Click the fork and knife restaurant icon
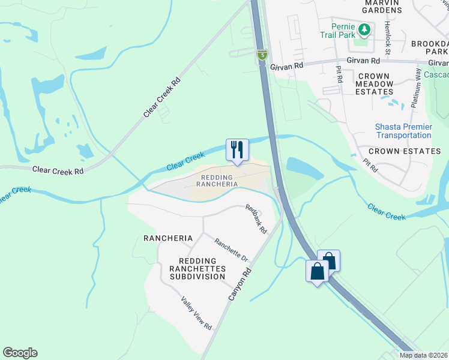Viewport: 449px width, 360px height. point(237,149)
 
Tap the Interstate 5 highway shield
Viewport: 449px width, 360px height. point(262,55)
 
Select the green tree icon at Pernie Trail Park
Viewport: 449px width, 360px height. point(364,28)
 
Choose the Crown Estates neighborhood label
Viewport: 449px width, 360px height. point(404,151)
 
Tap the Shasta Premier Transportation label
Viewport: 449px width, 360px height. point(403,131)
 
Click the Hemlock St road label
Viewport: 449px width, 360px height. point(388,37)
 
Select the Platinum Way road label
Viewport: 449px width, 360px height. point(417,88)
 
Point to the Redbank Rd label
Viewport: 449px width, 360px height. point(255,220)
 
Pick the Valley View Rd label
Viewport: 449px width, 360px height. point(196,313)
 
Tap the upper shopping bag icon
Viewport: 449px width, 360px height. point(328,261)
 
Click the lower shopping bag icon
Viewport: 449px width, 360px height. point(317,271)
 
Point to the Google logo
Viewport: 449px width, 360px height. point(20,353)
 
